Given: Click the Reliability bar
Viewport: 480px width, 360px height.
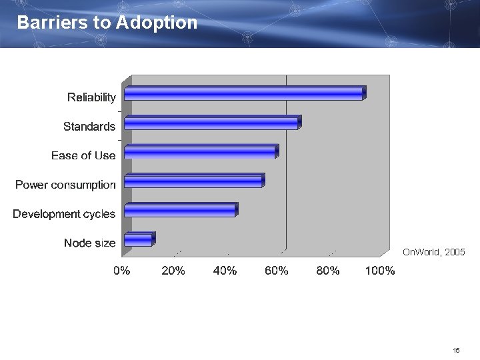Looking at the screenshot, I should [244, 93].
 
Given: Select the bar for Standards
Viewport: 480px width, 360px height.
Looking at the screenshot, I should [212, 123].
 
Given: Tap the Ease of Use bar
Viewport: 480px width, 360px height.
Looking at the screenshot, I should [201, 152].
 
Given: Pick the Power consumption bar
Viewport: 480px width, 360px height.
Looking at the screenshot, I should [193, 181].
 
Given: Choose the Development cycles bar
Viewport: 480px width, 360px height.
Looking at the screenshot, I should [180, 210].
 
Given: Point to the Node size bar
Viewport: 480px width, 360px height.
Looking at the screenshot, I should [139, 239].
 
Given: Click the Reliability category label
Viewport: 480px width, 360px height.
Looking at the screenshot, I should [91, 98].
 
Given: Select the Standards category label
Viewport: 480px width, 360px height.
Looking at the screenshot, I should [89, 127].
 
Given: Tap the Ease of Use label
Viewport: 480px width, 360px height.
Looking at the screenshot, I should [83, 155].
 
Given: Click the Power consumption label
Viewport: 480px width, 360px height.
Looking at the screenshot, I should [65, 185].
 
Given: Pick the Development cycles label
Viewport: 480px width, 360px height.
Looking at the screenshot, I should [64, 214].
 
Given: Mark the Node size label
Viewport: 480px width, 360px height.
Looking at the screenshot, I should [89, 243].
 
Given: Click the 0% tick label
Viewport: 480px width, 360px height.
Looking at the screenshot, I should [121, 271].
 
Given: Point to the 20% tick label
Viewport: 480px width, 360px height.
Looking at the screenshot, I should [173, 271].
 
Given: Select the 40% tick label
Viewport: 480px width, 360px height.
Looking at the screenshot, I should [225, 271].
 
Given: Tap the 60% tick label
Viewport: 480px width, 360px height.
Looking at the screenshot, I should [277, 271].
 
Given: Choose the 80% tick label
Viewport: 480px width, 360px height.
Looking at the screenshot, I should [328, 271].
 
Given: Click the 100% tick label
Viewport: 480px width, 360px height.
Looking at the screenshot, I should [380, 271].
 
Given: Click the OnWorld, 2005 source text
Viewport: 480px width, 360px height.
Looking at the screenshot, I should [434, 253].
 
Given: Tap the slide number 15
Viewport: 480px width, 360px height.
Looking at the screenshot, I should [456, 350].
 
